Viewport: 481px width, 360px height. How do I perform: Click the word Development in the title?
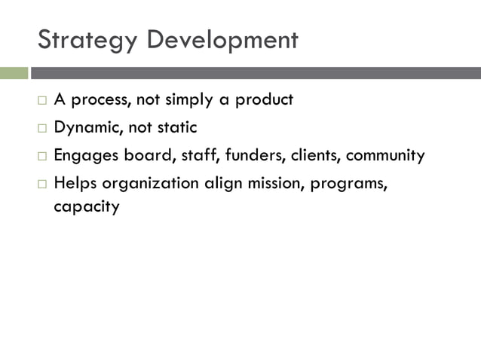pos(222,39)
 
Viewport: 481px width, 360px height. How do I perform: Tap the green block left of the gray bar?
pos(14,73)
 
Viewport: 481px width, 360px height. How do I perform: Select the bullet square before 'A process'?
pos(42,100)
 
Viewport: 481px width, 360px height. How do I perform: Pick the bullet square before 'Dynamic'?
pos(42,128)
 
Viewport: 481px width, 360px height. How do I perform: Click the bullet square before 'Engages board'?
pos(42,157)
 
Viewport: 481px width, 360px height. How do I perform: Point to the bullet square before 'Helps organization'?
pos(42,185)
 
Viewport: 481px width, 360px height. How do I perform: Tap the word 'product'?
pos(264,100)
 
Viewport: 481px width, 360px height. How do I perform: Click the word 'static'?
pos(176,128)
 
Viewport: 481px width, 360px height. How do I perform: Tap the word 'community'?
pos(385,157)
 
